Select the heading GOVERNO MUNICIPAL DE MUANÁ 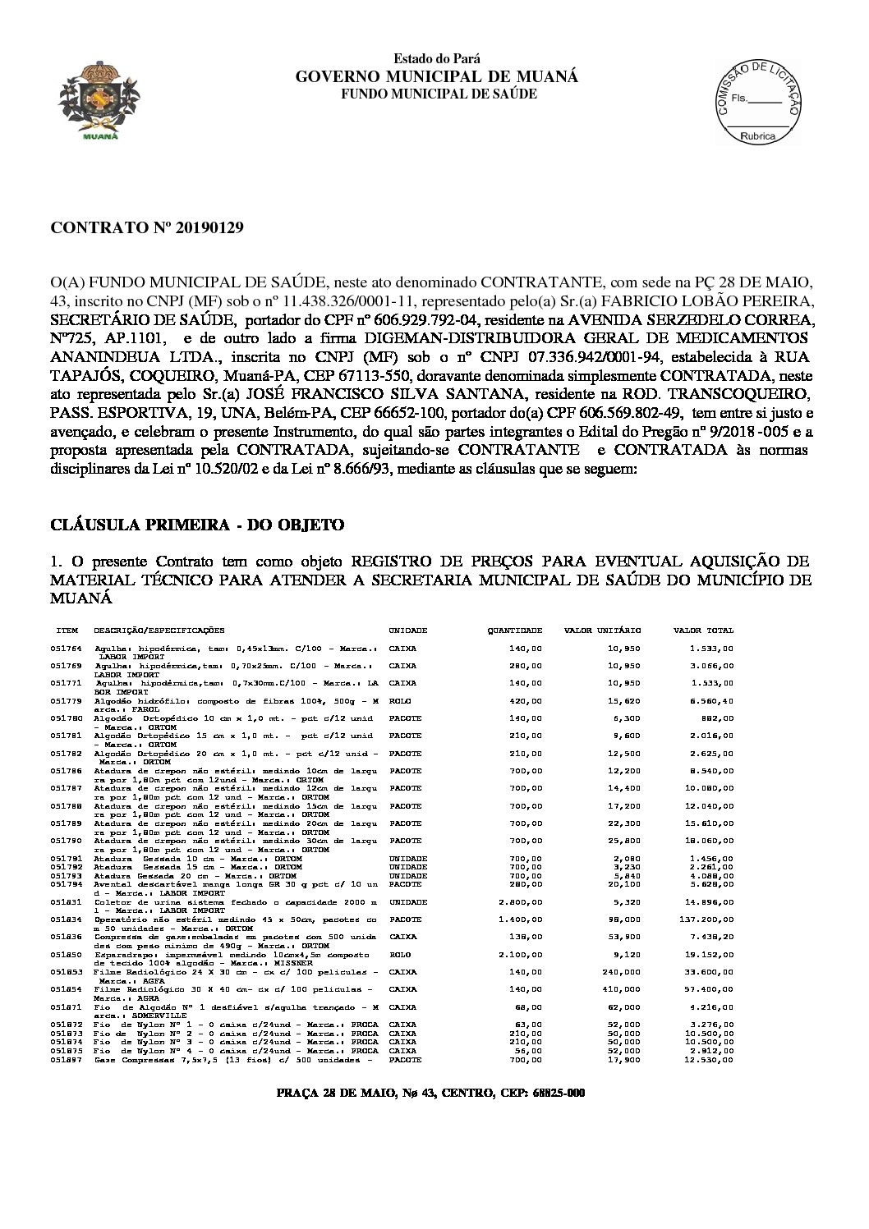(436, 76)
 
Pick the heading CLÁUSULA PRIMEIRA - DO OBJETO (197, 525)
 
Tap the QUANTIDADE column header (514, 631)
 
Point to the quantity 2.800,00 (520, 901)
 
